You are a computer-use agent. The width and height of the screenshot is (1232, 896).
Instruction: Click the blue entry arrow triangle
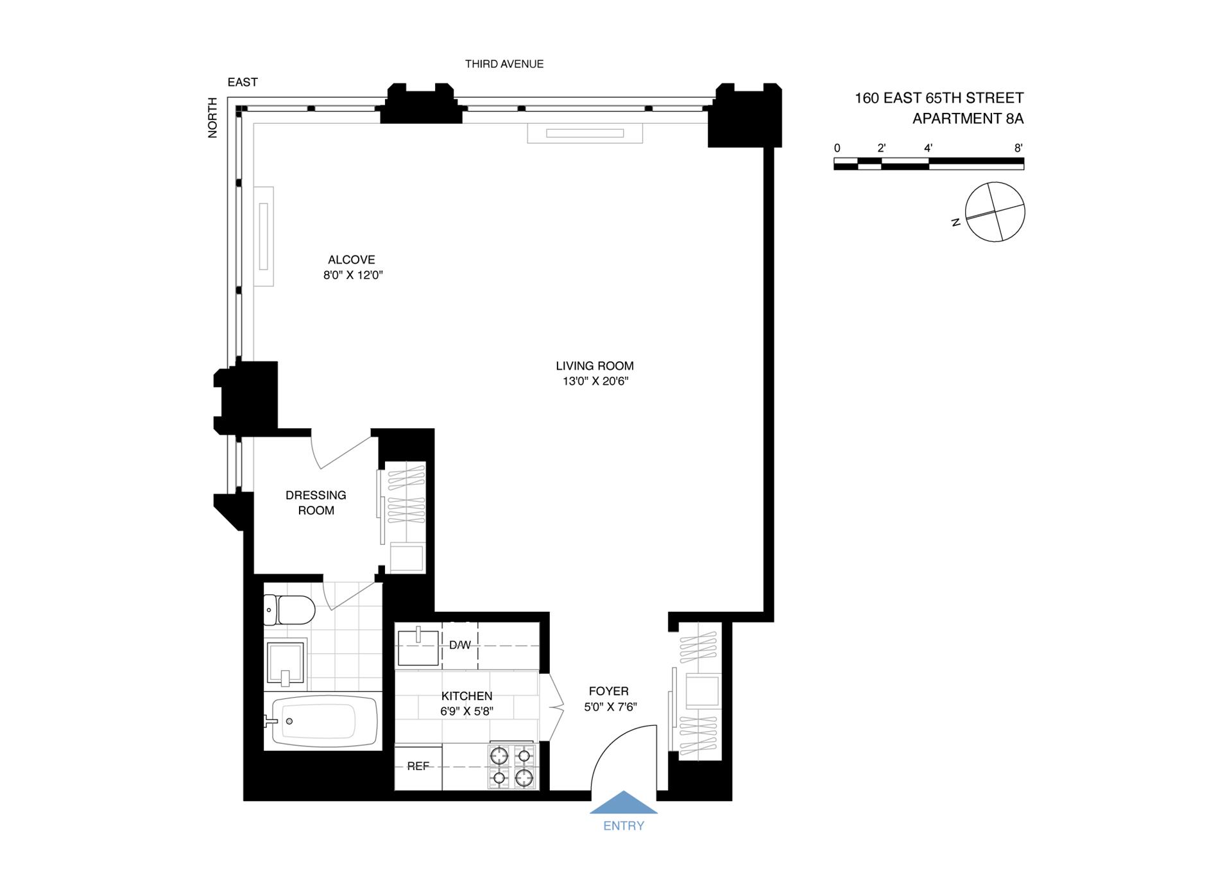click(623, 803)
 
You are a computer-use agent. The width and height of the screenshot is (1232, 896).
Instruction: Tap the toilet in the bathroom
click(290, 609)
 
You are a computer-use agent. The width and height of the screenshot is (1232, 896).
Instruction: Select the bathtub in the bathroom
click(321, 721)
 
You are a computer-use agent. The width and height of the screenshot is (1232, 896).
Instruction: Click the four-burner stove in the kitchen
click(511, 766)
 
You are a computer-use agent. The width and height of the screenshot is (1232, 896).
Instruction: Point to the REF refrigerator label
click(418, 766)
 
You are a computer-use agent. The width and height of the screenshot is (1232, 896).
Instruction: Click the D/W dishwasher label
click(459, 645)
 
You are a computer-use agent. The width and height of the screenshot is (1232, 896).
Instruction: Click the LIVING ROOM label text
click(594, 366)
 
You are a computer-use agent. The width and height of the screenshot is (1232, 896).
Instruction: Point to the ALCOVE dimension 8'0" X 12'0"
click(353, 275)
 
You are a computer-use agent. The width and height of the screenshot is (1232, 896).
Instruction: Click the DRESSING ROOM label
click(316, 503)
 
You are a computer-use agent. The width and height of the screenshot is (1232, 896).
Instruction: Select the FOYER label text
click(608, 691)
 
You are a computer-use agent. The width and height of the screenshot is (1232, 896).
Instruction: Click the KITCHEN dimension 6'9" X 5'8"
click(466, 711)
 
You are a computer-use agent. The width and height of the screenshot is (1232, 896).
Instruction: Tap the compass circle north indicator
click(995, 212)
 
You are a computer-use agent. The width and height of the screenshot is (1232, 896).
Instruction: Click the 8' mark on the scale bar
click(1018, 148)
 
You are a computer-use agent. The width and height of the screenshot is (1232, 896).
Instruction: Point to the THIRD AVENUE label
click(504, 64)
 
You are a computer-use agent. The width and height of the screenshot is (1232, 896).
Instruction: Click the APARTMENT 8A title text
click(968, 119)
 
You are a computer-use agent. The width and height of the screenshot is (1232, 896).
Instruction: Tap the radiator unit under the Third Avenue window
click(585, 134)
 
